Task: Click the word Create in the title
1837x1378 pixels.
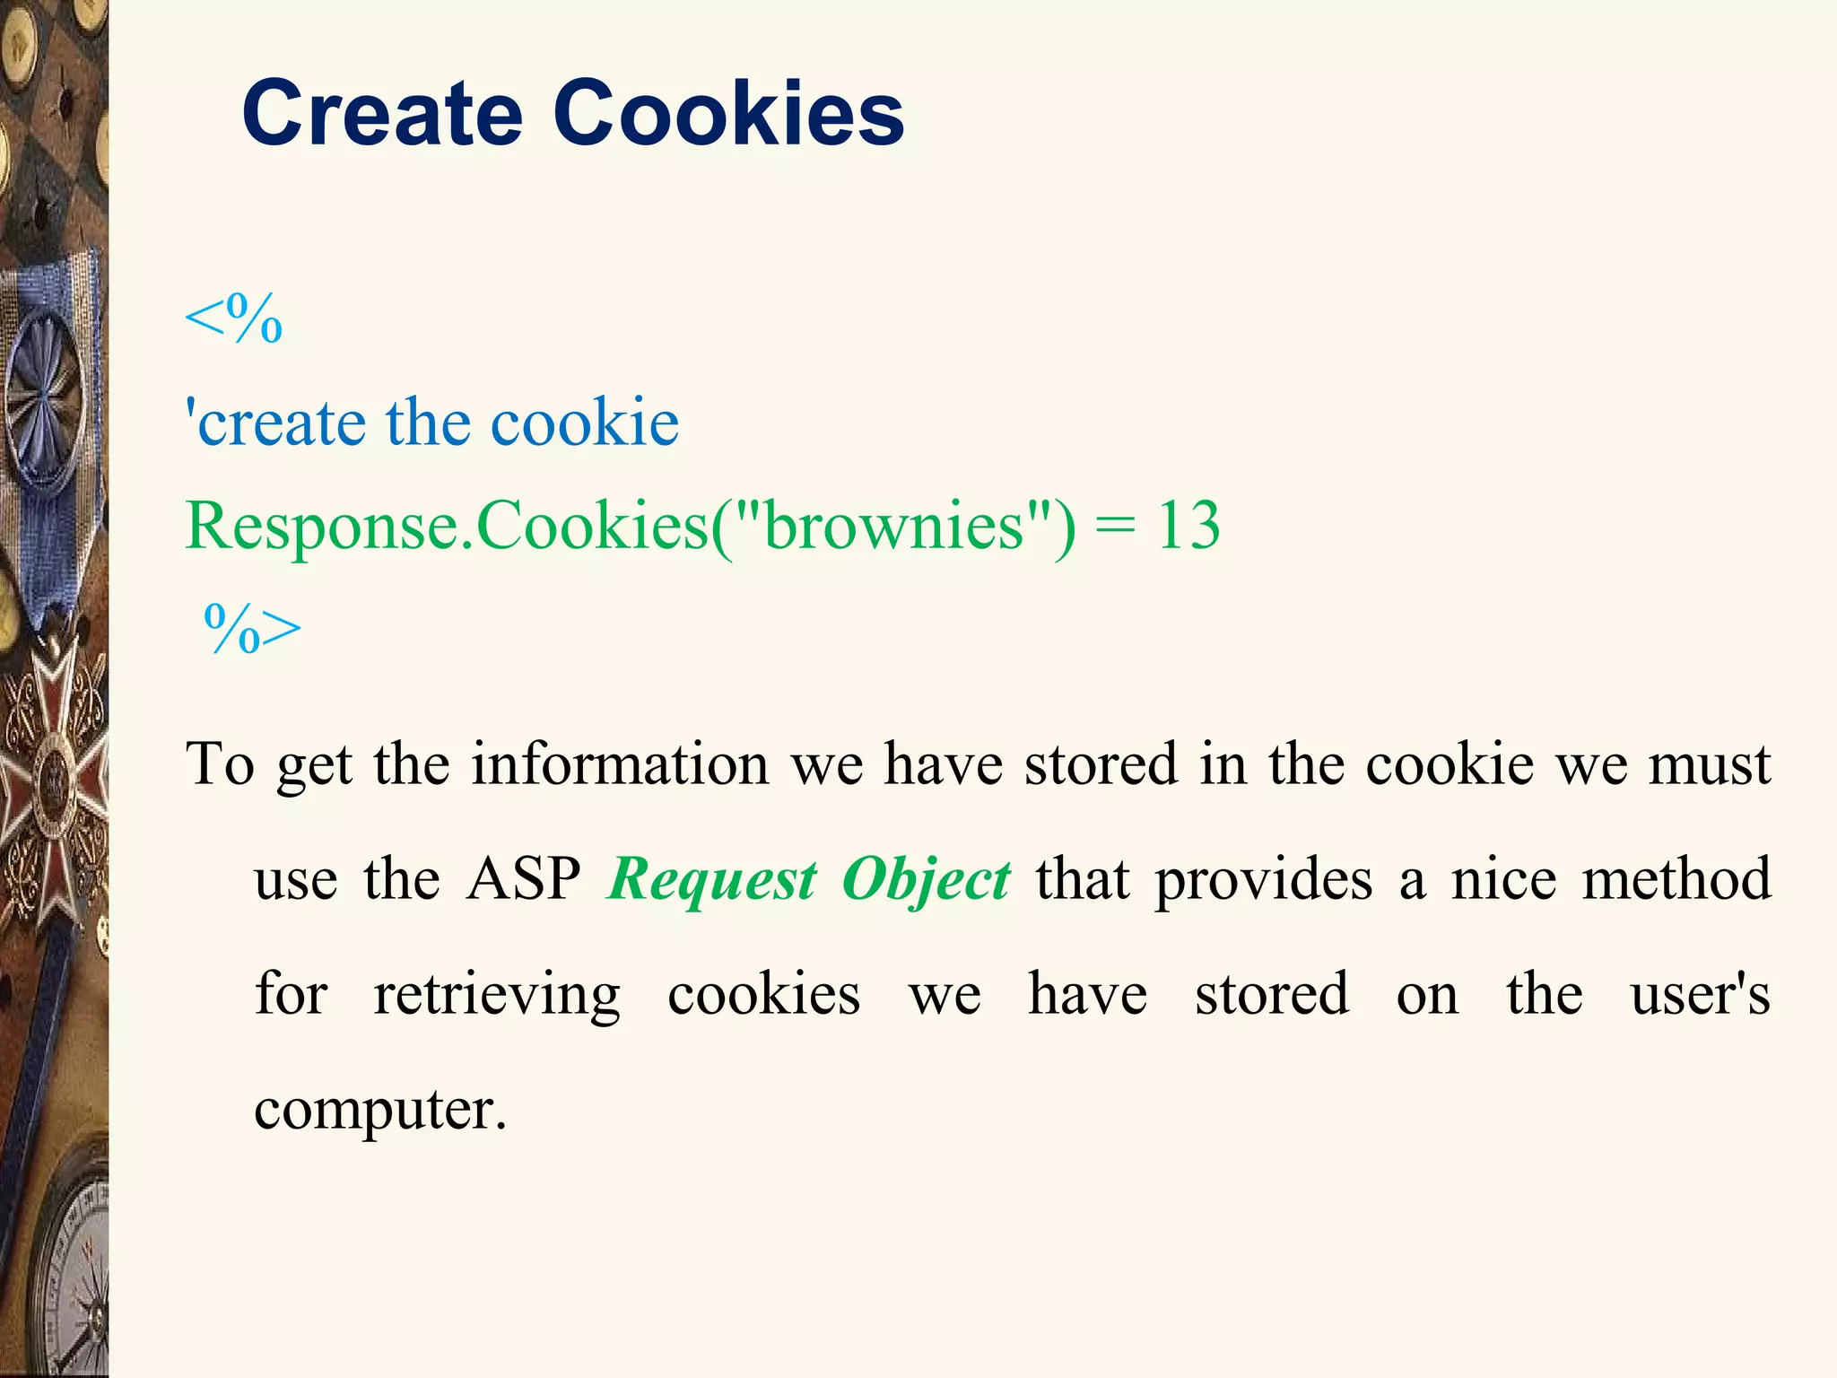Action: (x=382, y=114)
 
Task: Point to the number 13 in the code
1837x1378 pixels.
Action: (x=1188, y=526)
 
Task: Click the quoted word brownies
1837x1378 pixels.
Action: (x=893, y=526)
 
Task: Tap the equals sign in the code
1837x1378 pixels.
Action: (x=1115, y=528)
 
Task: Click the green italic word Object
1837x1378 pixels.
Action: (x=926, y=880)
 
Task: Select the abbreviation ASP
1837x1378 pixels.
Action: (x=524, y=878)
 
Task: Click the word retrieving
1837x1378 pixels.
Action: (x=496, y=996)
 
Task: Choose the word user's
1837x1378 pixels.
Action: (x=1700, y=994)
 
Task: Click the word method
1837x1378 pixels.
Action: (x=1676, y=878)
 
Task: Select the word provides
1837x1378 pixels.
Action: (x=1263, y=880)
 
